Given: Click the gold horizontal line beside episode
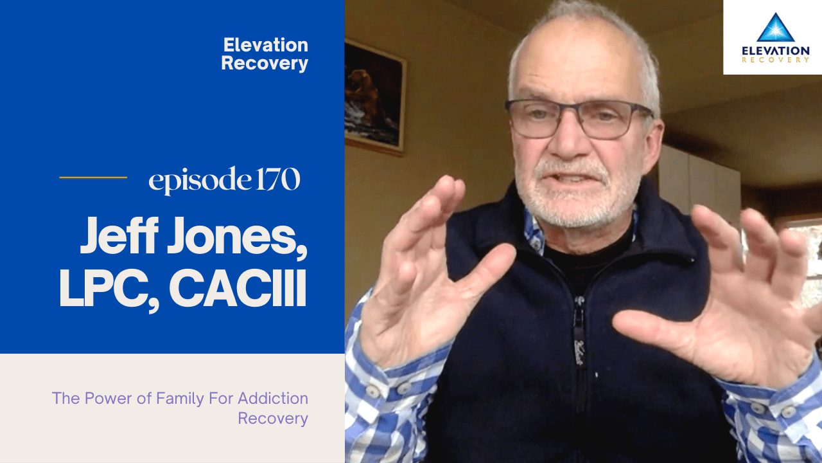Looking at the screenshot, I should tap(93, 177).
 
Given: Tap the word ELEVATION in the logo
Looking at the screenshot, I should tap(775, 50).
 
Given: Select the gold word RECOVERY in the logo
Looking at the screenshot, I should tap(775, 60).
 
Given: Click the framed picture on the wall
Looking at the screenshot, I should tap(375, 96).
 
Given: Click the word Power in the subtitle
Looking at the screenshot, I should tap(107, 398).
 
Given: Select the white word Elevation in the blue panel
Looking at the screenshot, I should tap(265, 45).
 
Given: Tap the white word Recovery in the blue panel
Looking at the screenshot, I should tap(265, 64).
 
